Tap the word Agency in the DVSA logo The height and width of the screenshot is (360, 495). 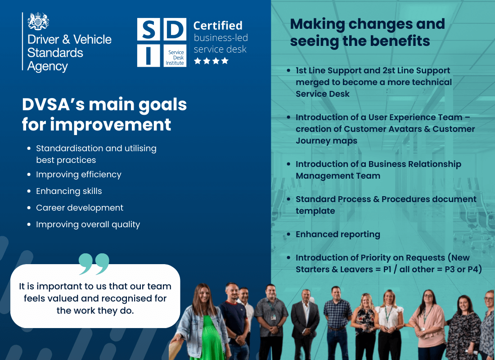(47, 67)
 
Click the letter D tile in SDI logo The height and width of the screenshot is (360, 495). (175, 30)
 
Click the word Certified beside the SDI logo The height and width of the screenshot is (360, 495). (218, 26)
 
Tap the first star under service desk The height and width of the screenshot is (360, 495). (198, 61)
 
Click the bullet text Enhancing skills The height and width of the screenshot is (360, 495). (69, 191)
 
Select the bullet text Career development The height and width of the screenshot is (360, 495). (80, 208)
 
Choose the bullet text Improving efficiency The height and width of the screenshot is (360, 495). (79, 175)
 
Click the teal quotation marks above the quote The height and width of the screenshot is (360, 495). (94, 264)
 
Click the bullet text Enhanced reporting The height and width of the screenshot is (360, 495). (338, 234)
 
